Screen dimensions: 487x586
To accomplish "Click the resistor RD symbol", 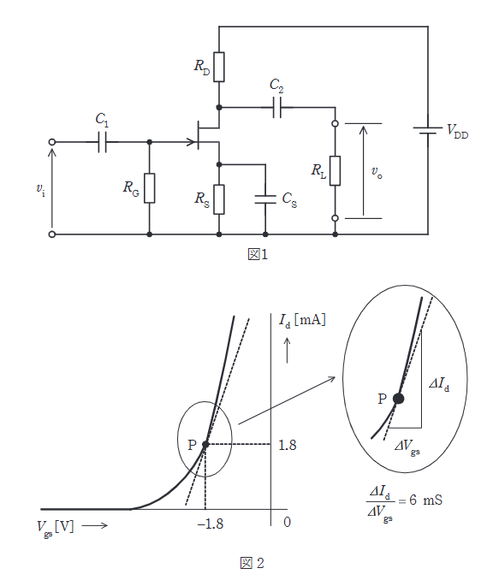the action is point(219,67).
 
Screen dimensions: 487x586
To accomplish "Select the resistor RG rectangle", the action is point(150,188).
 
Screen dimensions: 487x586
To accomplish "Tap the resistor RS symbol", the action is point(219,199).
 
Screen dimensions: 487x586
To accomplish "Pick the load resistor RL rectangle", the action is point(336,171).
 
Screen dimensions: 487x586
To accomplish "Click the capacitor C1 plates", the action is point(102,142).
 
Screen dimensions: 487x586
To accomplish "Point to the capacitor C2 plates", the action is point(277,107).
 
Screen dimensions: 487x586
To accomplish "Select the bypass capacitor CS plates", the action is point(265,199).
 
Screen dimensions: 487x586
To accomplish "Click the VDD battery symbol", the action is point(428,131).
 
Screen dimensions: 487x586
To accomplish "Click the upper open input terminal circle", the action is point(52,142).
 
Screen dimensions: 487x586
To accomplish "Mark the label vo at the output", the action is point(377,172).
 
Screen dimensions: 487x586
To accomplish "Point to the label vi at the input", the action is point(40,189).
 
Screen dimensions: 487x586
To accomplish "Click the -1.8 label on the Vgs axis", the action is point(211,524).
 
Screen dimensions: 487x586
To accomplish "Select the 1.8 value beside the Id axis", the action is point(288,445).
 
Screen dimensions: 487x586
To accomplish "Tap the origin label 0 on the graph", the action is point(287,522).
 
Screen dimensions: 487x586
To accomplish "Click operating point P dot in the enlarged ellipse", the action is point(399,399).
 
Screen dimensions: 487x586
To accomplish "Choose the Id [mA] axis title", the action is point(302,320).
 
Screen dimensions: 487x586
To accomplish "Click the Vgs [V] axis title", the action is point(56,527).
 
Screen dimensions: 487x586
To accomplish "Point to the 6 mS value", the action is point(425,500).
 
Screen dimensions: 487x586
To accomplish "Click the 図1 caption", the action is point(258,255).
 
